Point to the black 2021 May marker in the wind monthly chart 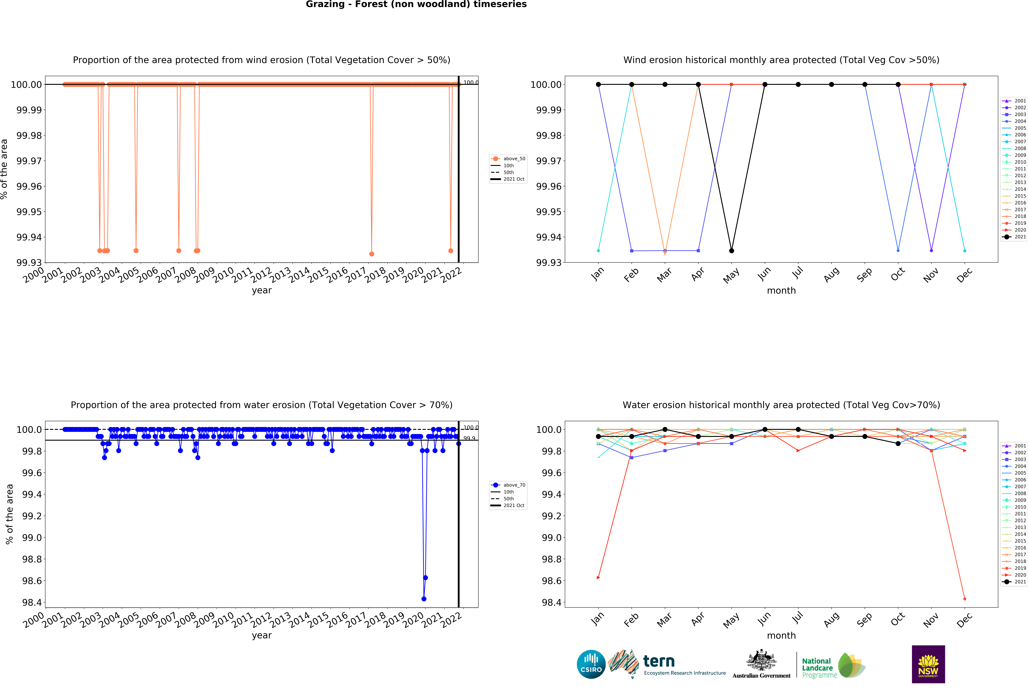[x=731, y=251]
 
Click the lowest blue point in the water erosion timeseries [x=424, y=599]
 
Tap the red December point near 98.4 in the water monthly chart [x=965, y=599]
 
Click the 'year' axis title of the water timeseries [x=262, y=636]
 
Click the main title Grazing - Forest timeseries [x=416, y=4]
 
